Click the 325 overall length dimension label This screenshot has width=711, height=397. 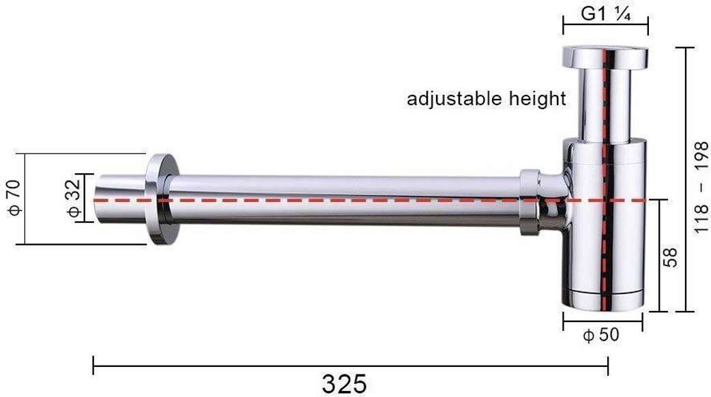pyautogui.click(x=344, y=384)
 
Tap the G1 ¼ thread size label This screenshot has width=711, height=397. pyautogui.click(x=605, y=14)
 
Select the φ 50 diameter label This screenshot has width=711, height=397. pyautogui.click(x=601, y=335)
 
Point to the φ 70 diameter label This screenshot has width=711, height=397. pyautogui.click(x=14, y=198)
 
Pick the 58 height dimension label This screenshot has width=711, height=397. pyautogui.click(x=670, y=257)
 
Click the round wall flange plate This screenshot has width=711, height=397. pyautogui.click(x=162, y=199)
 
